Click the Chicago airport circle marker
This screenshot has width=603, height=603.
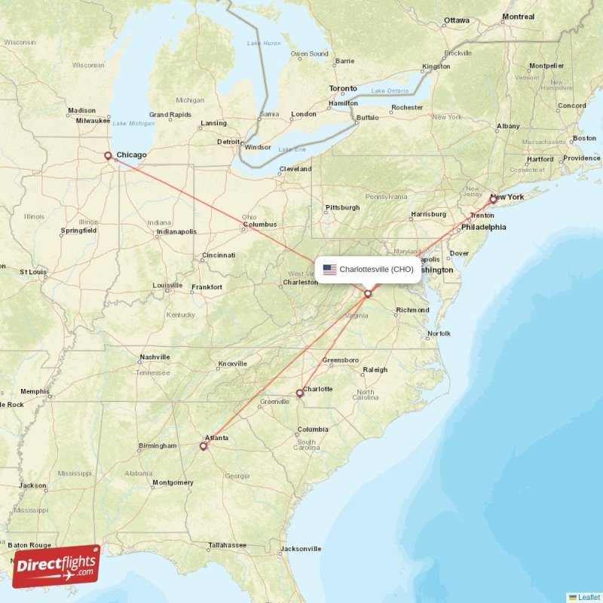(108, 156)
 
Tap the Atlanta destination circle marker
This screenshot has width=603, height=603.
(203, 445)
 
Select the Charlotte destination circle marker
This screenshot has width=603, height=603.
(299, 393)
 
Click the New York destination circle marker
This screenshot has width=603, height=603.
(493, 200)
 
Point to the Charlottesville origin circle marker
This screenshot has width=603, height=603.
(368, 293)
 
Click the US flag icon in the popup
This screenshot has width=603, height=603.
(329, 269)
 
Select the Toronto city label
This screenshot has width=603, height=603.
(343, 89)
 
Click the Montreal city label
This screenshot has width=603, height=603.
(518, 17)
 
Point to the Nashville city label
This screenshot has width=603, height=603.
(155, 357)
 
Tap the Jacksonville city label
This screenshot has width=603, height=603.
(301, 549)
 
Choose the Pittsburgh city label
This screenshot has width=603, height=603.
(342, 207)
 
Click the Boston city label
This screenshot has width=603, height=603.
(584, 139)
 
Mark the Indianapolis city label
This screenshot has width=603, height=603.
(176, 232)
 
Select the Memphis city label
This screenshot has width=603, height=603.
(35, 391)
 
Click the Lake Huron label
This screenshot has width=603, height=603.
(264, 43)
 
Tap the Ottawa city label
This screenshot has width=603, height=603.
(456, 20)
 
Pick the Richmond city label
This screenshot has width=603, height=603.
(412, 310)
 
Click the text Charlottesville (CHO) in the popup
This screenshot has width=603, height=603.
(376, 269)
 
